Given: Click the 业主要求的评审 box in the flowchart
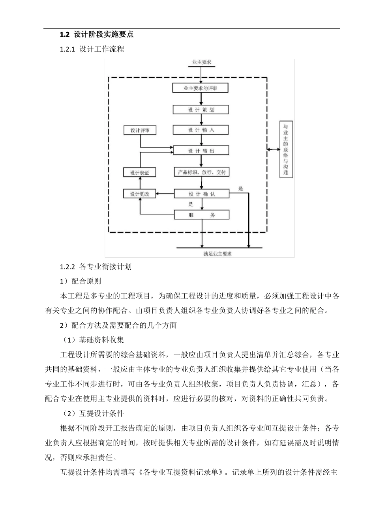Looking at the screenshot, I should click(201, 88).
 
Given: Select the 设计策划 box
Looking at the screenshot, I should click(201, 110).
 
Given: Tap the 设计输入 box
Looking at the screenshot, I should click(201, 130).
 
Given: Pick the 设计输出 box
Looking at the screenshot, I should click(201, 151).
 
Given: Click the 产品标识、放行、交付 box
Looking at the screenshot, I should click(201, 172).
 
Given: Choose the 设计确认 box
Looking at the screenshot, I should click(202, 194).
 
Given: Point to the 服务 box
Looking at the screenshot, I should click(202, 215).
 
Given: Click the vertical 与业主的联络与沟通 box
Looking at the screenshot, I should click(286, 149).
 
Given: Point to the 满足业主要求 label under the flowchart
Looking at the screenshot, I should click(217, 254).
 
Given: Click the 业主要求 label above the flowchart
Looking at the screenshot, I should click(201, 62).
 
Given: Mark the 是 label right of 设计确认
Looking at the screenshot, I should click(241, 188).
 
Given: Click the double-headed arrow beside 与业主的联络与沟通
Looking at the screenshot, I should click(273, 149).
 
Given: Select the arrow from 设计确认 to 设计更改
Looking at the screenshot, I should click(165, 194).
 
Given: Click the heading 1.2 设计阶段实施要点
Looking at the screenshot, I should click(97, 35).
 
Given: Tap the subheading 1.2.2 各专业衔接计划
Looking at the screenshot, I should click(96, 267).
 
